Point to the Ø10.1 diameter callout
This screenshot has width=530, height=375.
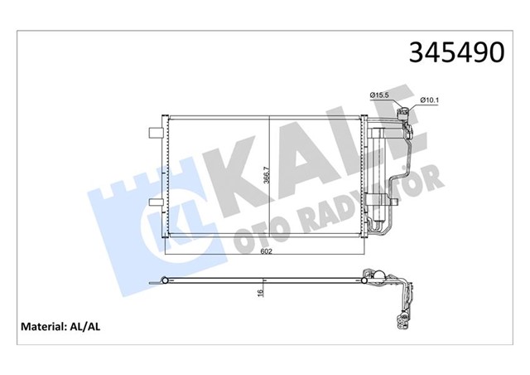tap(428, 101)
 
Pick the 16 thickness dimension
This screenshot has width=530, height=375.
tap(261, 292)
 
